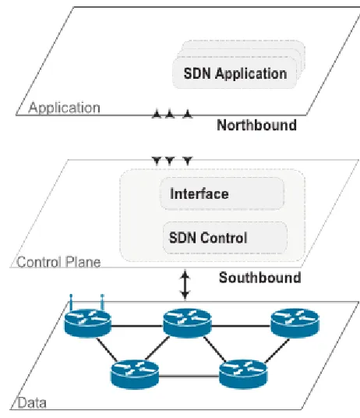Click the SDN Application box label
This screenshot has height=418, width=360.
pyautogui.click(x=235, y=73)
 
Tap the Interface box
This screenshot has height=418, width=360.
pyautogui.click(x=222, y=193)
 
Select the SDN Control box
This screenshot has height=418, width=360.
pyautogui.click(x=225, y=238)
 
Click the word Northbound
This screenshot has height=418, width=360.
pyautogui.click(x=256, y=125)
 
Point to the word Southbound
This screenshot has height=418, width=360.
pyautogui.click(x=260, y=278)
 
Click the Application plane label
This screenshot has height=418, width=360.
pyautogui.click(x=65, y=108)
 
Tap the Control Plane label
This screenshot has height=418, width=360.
pyautogui.click(x=58, y=262)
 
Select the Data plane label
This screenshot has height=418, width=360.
pyautogui.click(x=32, y=403)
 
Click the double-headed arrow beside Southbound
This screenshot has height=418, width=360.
pyautogui.click(x=185, y=284)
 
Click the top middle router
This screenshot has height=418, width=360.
pyautogui.click(x=187, y=323)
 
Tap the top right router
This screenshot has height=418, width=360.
pyautogui.click(x=295, y=323)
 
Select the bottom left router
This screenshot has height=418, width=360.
pyautogui.click(x=135, y=374)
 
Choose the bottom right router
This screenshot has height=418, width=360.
pyautogui.click(x=243, y=374)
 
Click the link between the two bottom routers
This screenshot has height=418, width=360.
pyautogui.click(x=189, y=377)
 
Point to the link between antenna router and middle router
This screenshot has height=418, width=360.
pyautogui.click(x=137, y=326)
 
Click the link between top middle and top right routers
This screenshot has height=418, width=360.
pyautogui.click(x=242, y=326)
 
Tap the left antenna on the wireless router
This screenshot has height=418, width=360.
pyautogui.click(x=71, y=303)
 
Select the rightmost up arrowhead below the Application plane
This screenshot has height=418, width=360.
pyautogui.click(x=188, y=114)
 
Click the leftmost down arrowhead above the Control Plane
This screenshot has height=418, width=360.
pyautogui.click(x=157, y=161)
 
